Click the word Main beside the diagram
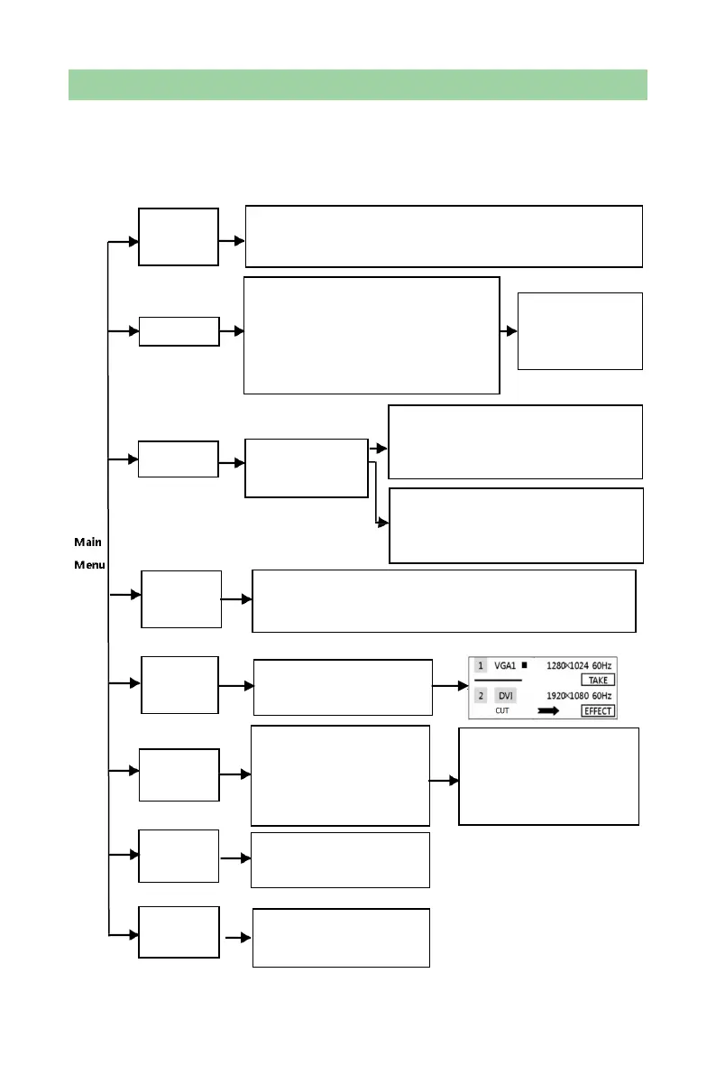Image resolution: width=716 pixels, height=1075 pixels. (x=87, y=542)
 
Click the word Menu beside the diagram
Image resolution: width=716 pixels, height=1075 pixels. (x=88, y=566)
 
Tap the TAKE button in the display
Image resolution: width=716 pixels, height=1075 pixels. (x=598, y=680)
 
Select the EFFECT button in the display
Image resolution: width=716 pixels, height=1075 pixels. (x=598, y=710)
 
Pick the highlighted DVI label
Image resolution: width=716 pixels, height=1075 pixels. (x=506, y=696)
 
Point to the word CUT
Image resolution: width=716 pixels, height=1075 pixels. (x=502, y=711)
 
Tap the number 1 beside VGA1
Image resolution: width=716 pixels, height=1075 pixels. (x=481, y=666)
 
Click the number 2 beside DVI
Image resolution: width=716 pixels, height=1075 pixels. (x=481, y=696)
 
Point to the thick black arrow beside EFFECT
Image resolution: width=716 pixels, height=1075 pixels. (x=548, y=711)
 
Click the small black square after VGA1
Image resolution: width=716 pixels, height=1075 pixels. (x=524, y=665)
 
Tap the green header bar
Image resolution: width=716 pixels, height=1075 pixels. (x=358, y=84)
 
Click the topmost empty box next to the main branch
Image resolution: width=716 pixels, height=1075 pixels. (x=178, y=236)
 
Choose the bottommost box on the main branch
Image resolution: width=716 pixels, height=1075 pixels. (x=179, y=931)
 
